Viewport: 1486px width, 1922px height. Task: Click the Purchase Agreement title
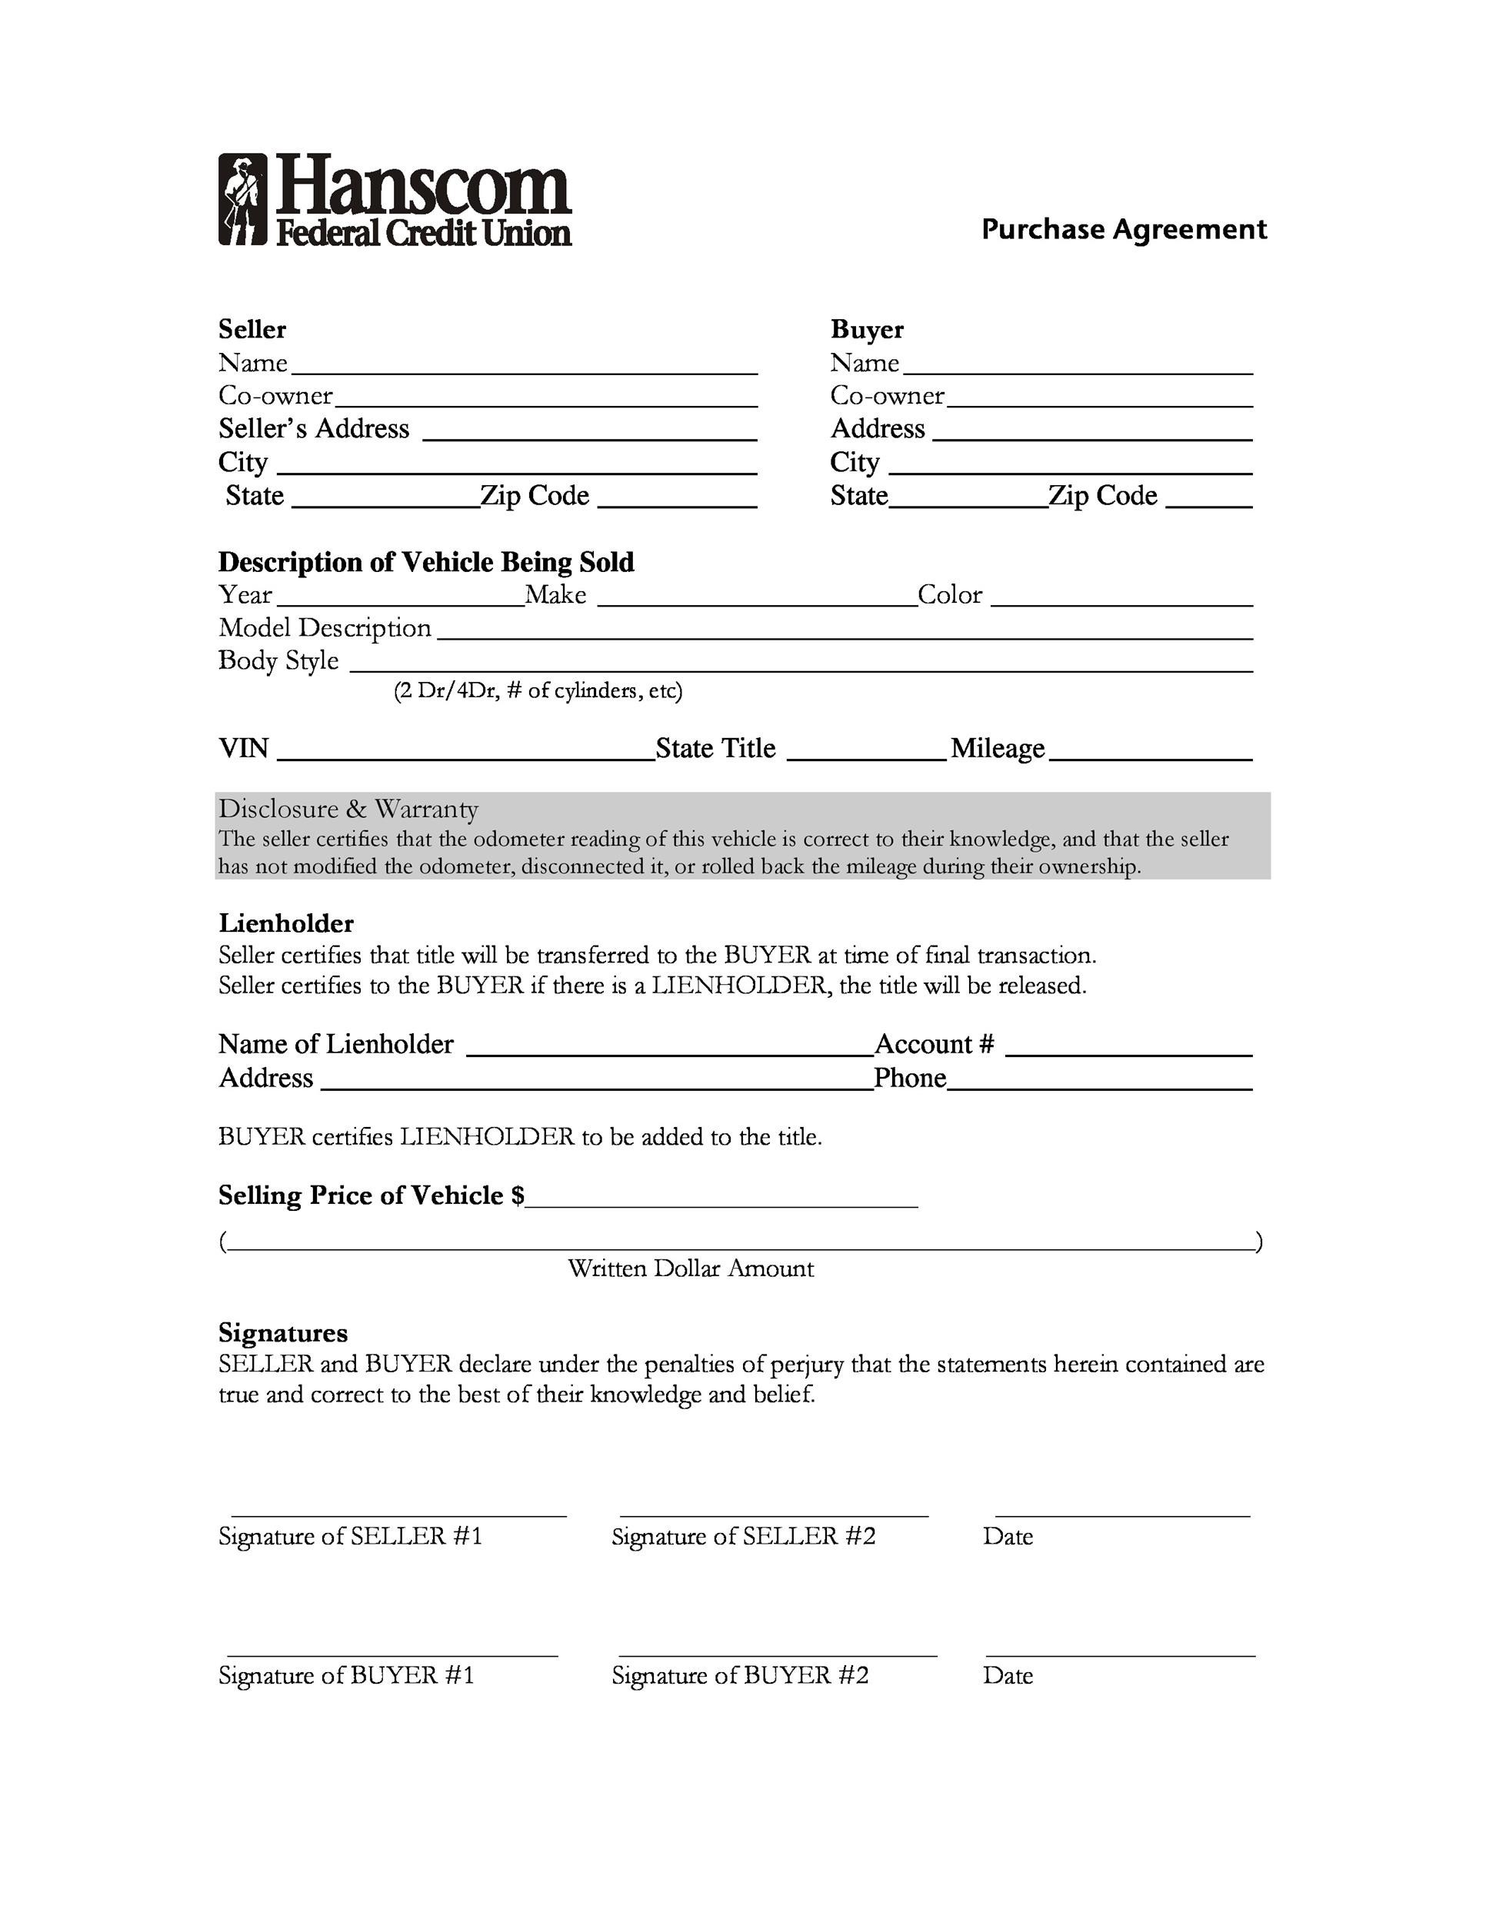(1123, 230)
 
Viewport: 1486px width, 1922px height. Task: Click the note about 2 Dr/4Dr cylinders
(538, 691)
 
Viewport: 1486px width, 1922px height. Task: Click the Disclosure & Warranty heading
(348, 809)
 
